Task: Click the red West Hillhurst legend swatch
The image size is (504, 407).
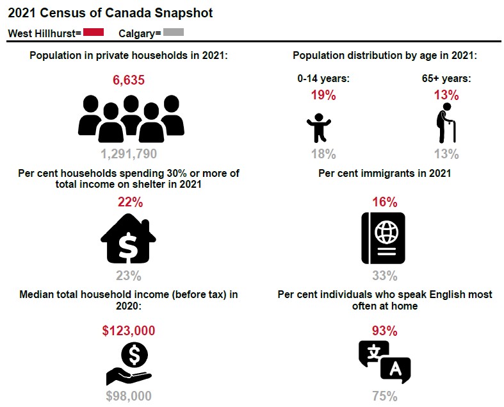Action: [x=93, y=32]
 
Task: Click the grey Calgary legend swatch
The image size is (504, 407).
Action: [x=174, y=32]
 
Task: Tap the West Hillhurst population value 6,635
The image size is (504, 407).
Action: [x=129, y=79]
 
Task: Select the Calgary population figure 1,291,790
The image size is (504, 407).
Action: [x=129, y=154]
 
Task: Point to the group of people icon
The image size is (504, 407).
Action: [x=131, y=119]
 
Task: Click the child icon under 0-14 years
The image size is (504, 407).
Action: [x=318, y=128]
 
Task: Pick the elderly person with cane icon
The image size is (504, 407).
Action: [x=446, y=123]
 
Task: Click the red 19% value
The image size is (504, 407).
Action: [x=323, y=95]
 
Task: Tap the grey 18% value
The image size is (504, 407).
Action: [x=323, y=154]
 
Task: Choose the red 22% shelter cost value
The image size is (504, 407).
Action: [x=130, y=202]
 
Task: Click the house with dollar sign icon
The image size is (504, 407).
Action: [x=128, y=238]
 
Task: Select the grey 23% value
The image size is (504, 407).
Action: [x=129, y=276]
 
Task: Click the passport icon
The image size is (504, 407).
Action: [x=383, y=238]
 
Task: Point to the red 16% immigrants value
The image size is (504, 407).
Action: [x=385, y=202]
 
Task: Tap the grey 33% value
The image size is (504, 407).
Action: [x=385, y=276]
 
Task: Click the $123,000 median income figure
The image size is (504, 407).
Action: [x=129, y=331]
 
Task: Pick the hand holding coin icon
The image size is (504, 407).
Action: [x=129, y=364]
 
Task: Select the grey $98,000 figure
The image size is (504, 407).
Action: [x=129, y=395]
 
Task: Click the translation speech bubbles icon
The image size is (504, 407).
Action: [x=385, y=362]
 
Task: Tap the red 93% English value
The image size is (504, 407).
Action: [x=385, y=331]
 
